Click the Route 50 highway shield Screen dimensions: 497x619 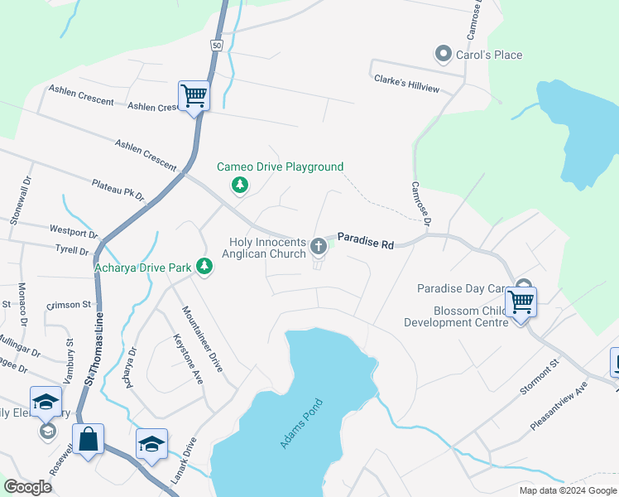click(216, 46)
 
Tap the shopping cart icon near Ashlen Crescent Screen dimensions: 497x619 click(194, 95)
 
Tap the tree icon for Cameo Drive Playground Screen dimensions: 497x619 click(240, 184)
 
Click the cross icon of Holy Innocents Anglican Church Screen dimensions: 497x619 click(318, 246)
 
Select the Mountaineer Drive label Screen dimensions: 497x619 click(202, 339)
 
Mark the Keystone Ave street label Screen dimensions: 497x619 click(186, 359)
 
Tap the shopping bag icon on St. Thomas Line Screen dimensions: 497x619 click(89, 438)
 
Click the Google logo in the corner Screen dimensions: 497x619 click(27, 487)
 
